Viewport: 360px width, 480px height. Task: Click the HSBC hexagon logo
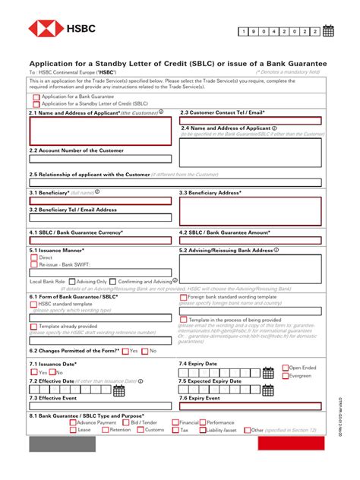point(46,30)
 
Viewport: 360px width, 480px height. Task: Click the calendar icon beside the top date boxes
point(329,31)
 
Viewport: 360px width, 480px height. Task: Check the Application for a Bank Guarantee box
point(36,97)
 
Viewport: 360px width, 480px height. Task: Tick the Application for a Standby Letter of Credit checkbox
point(36,104)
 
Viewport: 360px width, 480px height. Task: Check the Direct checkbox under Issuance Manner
point(34,257)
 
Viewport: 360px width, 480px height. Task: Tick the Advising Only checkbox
point(71,281)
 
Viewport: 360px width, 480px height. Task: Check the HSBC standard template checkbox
point(34,303)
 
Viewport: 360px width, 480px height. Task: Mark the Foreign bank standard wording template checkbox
point(184,297)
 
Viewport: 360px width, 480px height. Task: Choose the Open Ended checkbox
point(286,368)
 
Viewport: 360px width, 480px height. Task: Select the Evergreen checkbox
point(286,376)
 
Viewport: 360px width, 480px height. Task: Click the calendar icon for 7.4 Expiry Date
point(268,373)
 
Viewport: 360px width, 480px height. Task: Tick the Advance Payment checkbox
point(73,422)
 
